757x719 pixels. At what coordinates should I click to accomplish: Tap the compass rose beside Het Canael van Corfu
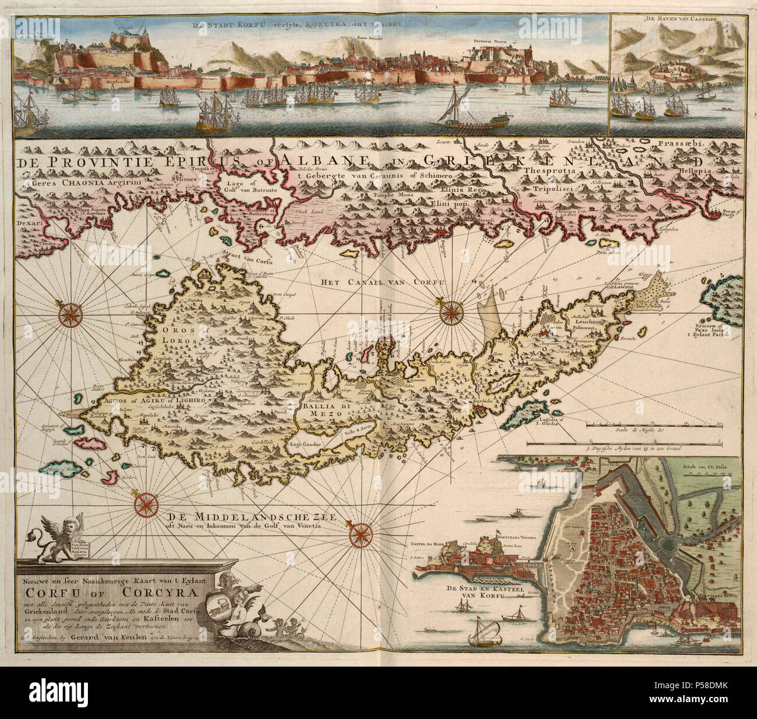(448, 311)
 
